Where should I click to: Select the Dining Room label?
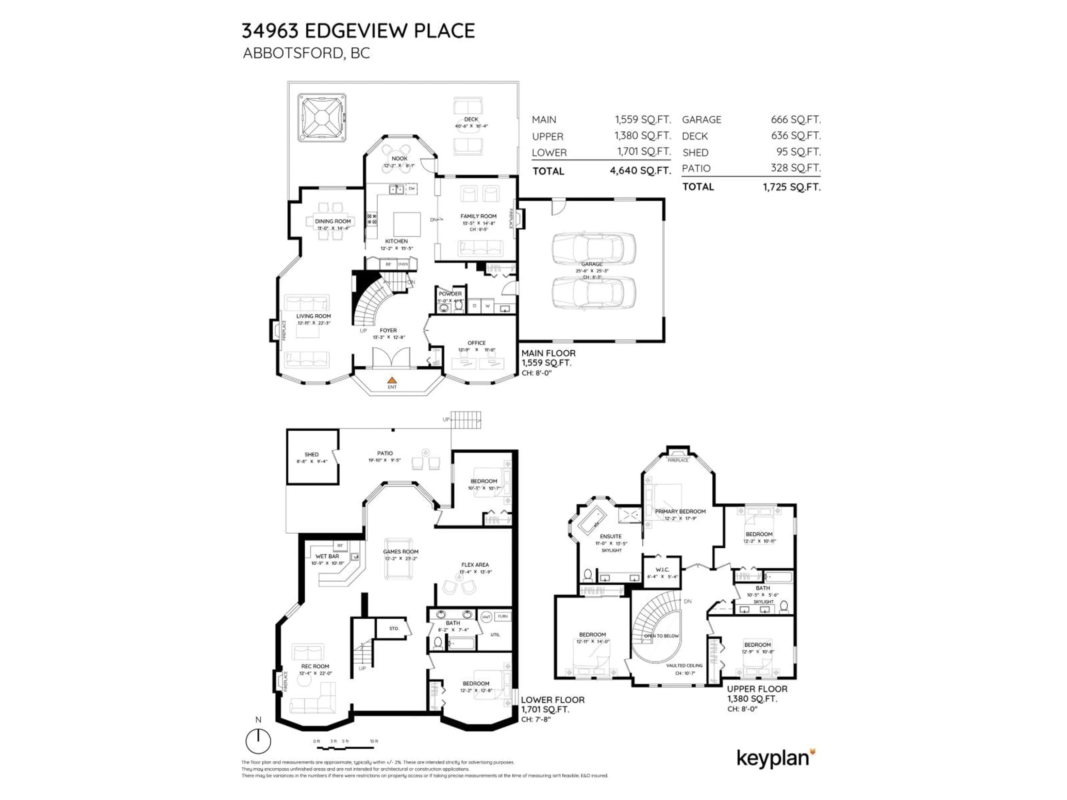tap(333, 221)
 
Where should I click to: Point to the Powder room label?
tap(450, 294)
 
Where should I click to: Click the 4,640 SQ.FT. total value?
tap(640, 171)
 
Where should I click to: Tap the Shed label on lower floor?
tap(311, 454)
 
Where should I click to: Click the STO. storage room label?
tap(394, 628)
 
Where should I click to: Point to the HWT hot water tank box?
tap(486, 617)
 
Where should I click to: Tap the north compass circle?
tap(258, 741)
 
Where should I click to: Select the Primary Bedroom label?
tap(680, 511)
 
